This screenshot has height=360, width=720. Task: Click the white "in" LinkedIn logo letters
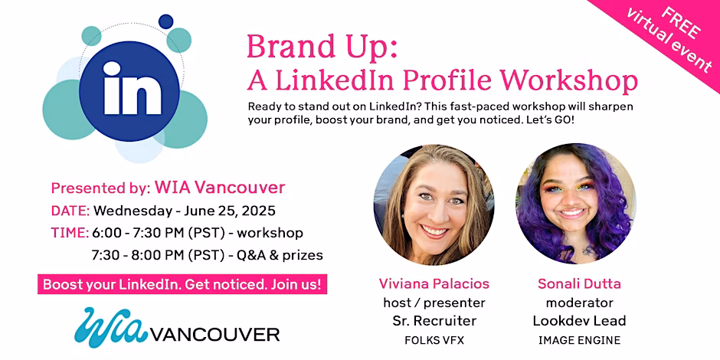[x=133, y=88]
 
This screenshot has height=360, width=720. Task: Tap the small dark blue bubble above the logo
[x=165, y=21]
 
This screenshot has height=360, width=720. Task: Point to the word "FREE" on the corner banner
[x=681, y=22]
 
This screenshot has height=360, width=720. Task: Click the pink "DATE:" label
[x=70, y=211]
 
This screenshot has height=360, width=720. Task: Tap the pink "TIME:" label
[x=70, y=233]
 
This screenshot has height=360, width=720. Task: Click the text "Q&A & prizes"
[x=280, y=255]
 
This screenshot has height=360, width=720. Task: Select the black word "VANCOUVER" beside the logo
[x=215, y=334]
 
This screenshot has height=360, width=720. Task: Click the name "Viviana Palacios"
[x=434, y=283]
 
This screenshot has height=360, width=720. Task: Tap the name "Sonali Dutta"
[x=580, y=283]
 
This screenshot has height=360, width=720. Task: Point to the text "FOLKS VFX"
[x=434, y=340]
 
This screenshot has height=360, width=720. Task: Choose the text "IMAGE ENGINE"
[x=580, y=340]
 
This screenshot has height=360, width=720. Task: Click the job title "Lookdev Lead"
[x=580, y=321]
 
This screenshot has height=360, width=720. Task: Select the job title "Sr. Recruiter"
[x=434, y=321]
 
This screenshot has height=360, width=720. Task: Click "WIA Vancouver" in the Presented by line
[x=220, y=188]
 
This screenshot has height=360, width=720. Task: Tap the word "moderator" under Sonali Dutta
[x=580, y=303]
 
